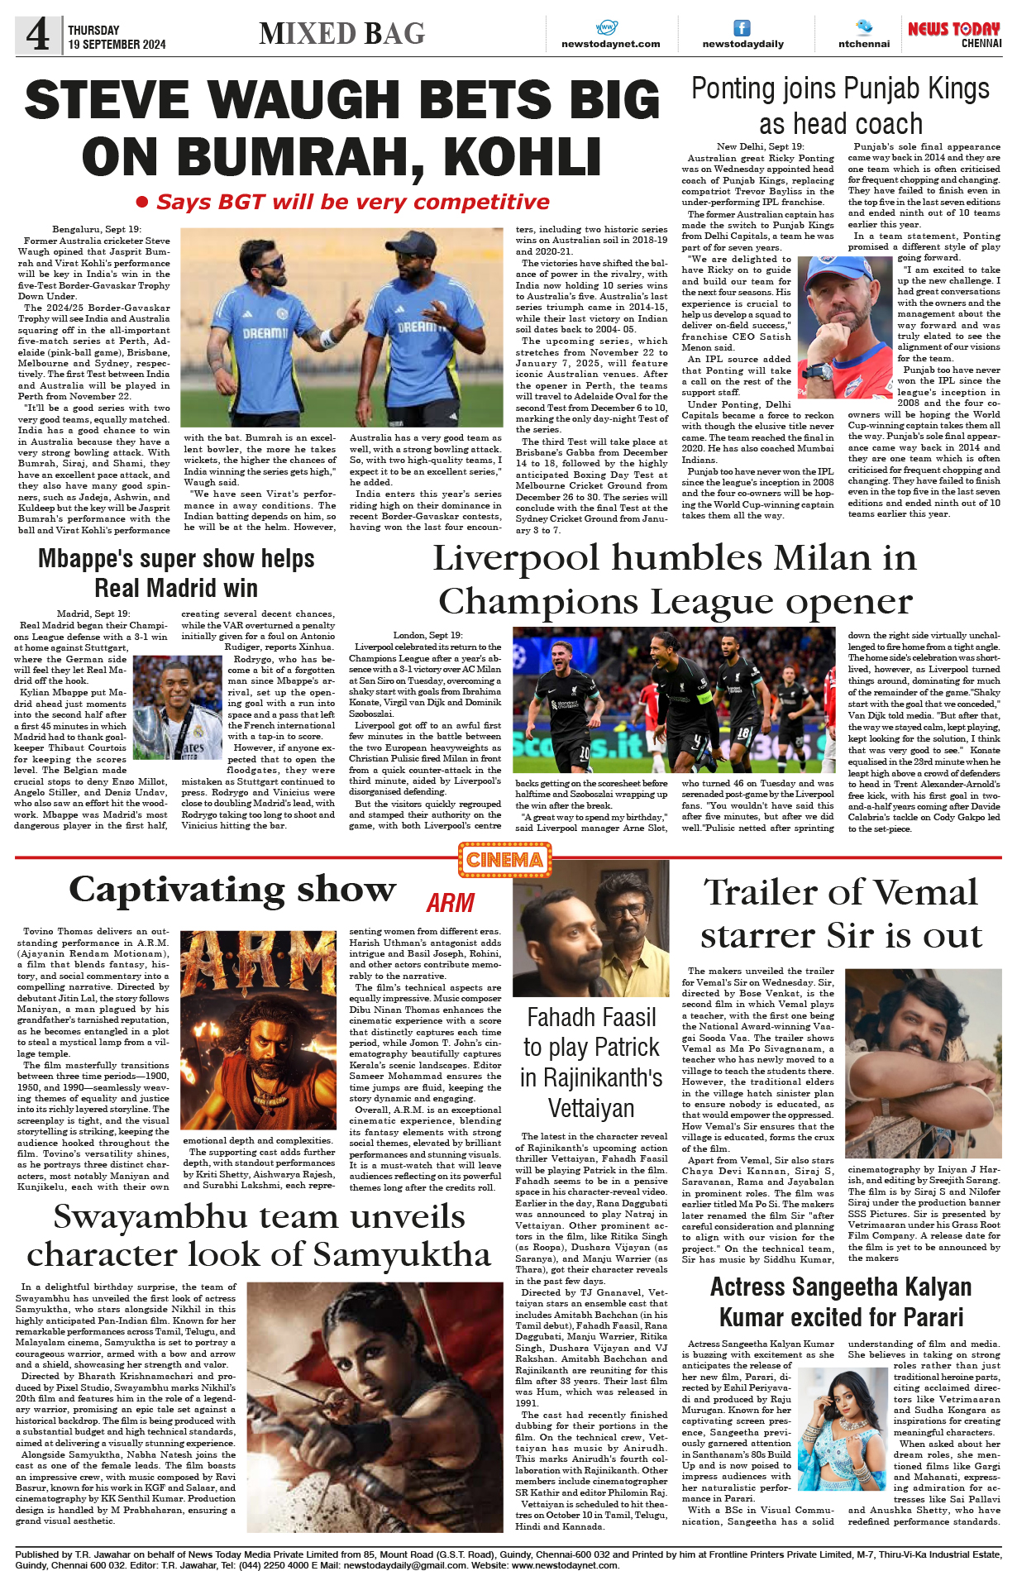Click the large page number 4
(x=38, y=35)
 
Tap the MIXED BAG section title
(x=341, y=34)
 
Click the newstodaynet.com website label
(x=610, y=44)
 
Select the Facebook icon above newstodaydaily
(x=742, y=28)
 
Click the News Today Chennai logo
(x=954, y=34)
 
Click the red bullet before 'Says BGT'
(x=142, y=202)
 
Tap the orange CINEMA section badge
(x=504, y=860)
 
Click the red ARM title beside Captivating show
(x=450, y=902)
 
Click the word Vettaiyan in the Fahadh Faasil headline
(x=591, y=1108)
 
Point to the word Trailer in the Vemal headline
(x=762, y=893)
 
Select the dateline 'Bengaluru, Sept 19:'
(x=97, y=229)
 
